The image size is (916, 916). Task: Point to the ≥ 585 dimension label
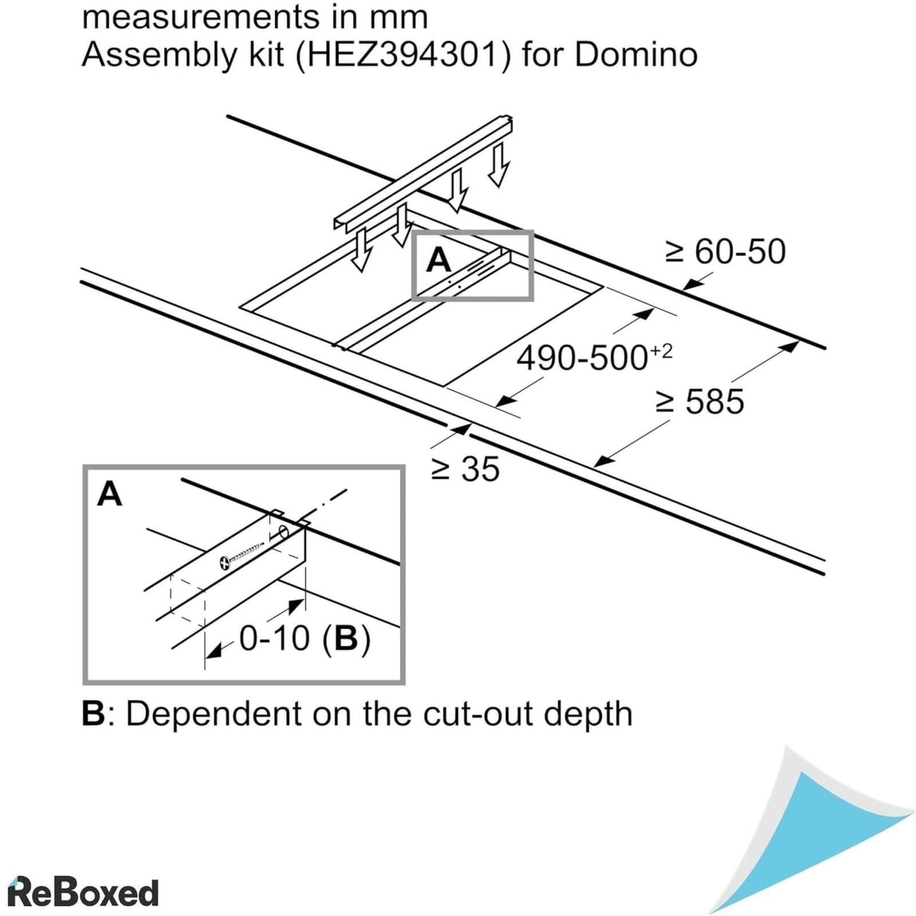point(700,402)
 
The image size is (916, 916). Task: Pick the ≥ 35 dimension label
point(465,469)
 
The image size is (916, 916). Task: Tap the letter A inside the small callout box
point(438,261)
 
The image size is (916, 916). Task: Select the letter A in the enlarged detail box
point(110,495)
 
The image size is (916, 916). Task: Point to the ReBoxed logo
point(82,892)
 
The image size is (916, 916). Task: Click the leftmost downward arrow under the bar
point(359,251)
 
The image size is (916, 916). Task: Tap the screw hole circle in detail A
point(283,531)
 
